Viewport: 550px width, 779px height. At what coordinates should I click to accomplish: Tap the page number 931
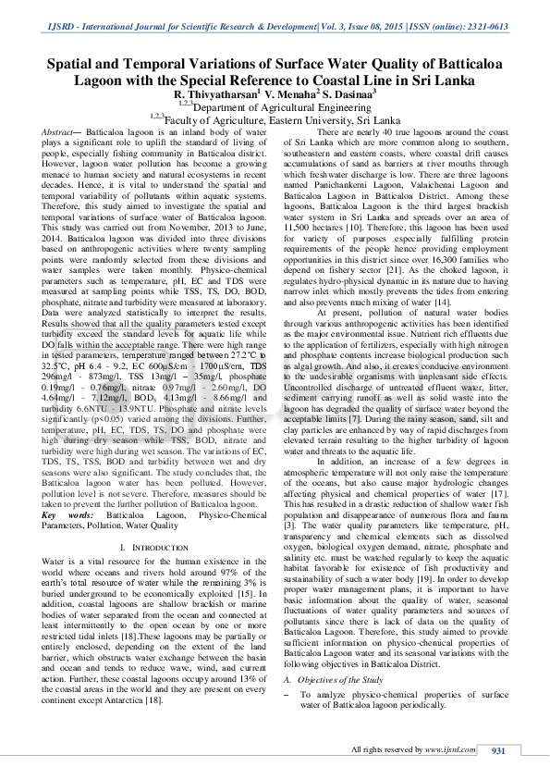(497, 748)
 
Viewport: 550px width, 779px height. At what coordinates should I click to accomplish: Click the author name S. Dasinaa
(348, 93)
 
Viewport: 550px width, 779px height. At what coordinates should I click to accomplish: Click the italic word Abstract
(58, 134)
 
